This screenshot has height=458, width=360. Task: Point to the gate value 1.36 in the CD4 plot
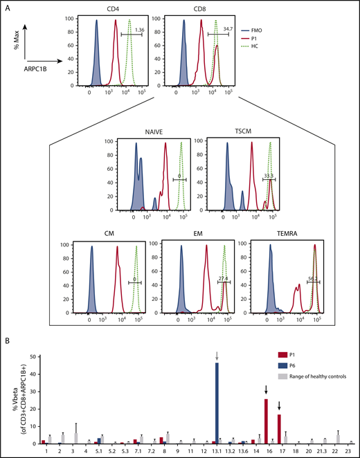[140, 30]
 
